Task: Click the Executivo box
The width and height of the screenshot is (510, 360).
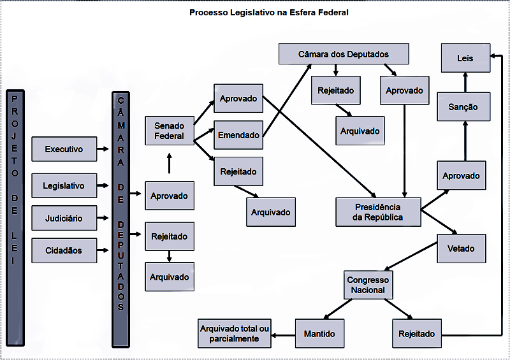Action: (x=64, y=149)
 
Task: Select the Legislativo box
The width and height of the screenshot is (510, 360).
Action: (x=64, y=186)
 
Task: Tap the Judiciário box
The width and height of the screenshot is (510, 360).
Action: (x=64, y=219)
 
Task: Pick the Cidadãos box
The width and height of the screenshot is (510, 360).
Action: (x=64, y=250)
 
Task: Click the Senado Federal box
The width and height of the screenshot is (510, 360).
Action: (x=170, y=131)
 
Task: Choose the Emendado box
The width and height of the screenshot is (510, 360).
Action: (x=238, y=135)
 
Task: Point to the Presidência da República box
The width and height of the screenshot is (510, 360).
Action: (x=378, y=212)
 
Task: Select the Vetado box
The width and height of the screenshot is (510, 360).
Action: (x=461, y=248)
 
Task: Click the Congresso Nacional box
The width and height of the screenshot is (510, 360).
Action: (x=368, y=285)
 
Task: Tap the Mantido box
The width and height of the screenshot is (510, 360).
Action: (x=319, y=333)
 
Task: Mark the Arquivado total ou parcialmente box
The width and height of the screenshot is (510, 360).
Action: (x=235, y=333)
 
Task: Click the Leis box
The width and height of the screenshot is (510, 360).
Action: (x=465, y=58)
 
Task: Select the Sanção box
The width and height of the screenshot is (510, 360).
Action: (x=463, y=106)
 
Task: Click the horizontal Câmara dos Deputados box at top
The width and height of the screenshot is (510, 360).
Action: (x=344, y=54)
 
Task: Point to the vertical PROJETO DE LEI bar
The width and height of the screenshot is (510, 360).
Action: (x=15, y=178)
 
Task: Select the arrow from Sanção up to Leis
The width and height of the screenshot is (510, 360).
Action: (x=465, y=82)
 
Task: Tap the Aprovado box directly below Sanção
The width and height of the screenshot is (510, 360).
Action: (x=462, y=175)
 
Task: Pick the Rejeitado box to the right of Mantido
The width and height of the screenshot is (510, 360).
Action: (x=416, y=333)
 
